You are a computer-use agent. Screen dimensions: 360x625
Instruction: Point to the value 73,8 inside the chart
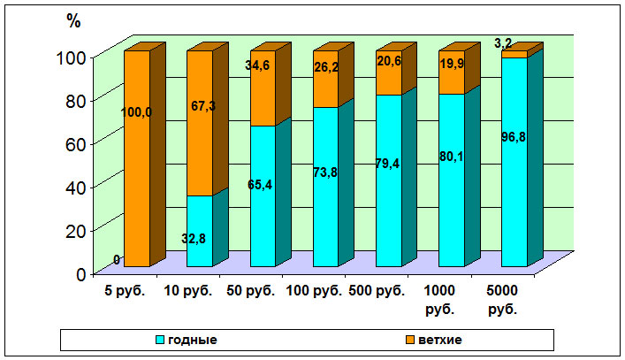325,172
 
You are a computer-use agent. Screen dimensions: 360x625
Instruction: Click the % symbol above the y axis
75,22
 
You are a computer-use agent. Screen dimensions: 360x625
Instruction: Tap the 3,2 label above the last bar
503,42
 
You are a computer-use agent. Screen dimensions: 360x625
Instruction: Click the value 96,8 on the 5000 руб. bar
514,160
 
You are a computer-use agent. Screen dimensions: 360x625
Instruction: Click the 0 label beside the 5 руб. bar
117,259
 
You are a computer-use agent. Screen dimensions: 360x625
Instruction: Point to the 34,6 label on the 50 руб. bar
264,65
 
